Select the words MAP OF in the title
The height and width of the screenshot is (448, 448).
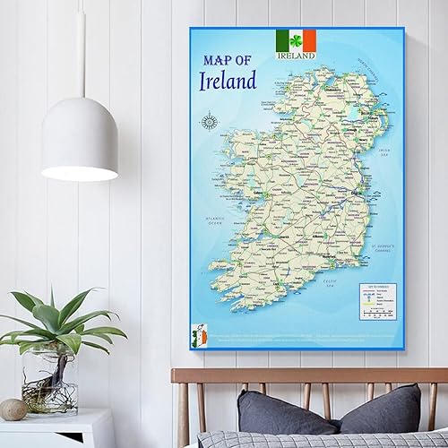[x=230, y=60]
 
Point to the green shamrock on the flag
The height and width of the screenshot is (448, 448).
[x=296, y=39]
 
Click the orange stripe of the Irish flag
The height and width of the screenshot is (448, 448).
[x=309, y=39]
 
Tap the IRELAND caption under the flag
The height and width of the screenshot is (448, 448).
[x=296, y=56]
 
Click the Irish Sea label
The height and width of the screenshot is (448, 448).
[x=384, y=152]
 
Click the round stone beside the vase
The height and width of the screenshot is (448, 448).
[x=13, y=409]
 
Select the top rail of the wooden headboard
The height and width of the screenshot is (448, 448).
[x=309, y=374]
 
